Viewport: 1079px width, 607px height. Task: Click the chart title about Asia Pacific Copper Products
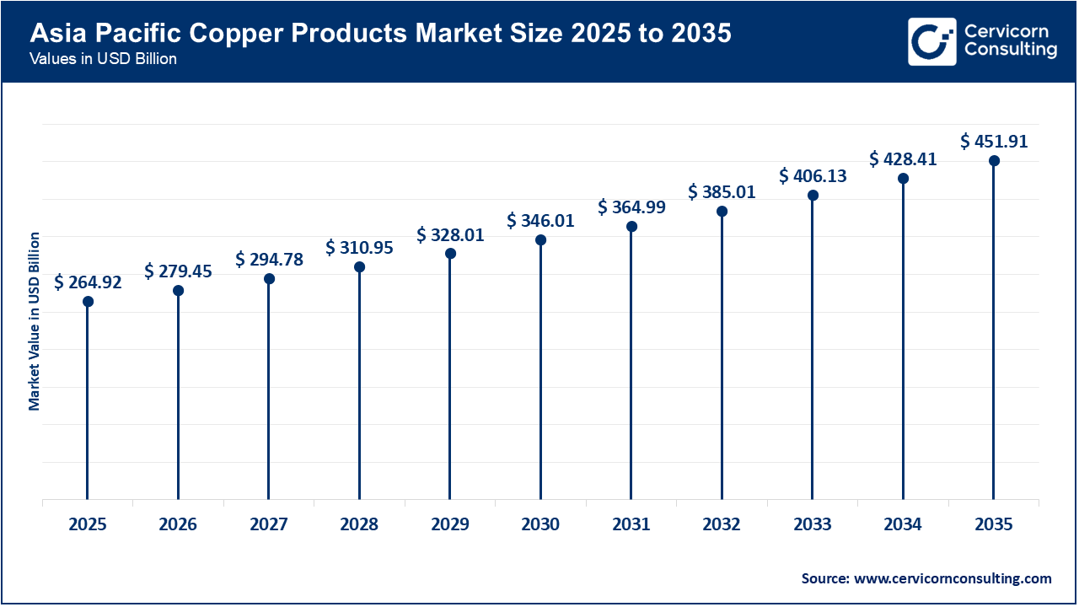pos(381,34)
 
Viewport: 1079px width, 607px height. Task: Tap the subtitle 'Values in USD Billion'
pos(103,60)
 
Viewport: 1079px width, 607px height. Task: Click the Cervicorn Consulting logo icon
pos(931,41)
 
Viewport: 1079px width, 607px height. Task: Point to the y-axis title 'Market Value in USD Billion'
pos(35,321)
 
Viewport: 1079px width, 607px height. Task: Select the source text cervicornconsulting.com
pos(926,578)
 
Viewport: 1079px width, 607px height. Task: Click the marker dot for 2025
pos(88,301)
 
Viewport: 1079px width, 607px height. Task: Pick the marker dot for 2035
pos(994,161)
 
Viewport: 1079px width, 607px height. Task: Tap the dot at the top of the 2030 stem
pos(540,240)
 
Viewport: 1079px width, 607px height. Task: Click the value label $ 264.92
pos(88,282)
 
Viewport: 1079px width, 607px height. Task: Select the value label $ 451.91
pos(994,142)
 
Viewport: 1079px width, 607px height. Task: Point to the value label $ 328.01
pos(450,234)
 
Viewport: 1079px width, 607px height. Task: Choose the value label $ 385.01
pos(722,191)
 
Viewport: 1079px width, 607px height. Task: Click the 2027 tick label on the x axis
pos(269,524)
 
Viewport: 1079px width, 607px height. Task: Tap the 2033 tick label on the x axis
pos(812,524)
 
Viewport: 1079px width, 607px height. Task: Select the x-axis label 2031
pos(631,524)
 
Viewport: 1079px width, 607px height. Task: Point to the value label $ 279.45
pos(178,271)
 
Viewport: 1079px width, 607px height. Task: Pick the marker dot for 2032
pos(722,211)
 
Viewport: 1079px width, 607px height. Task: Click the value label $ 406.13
pos(813,175)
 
